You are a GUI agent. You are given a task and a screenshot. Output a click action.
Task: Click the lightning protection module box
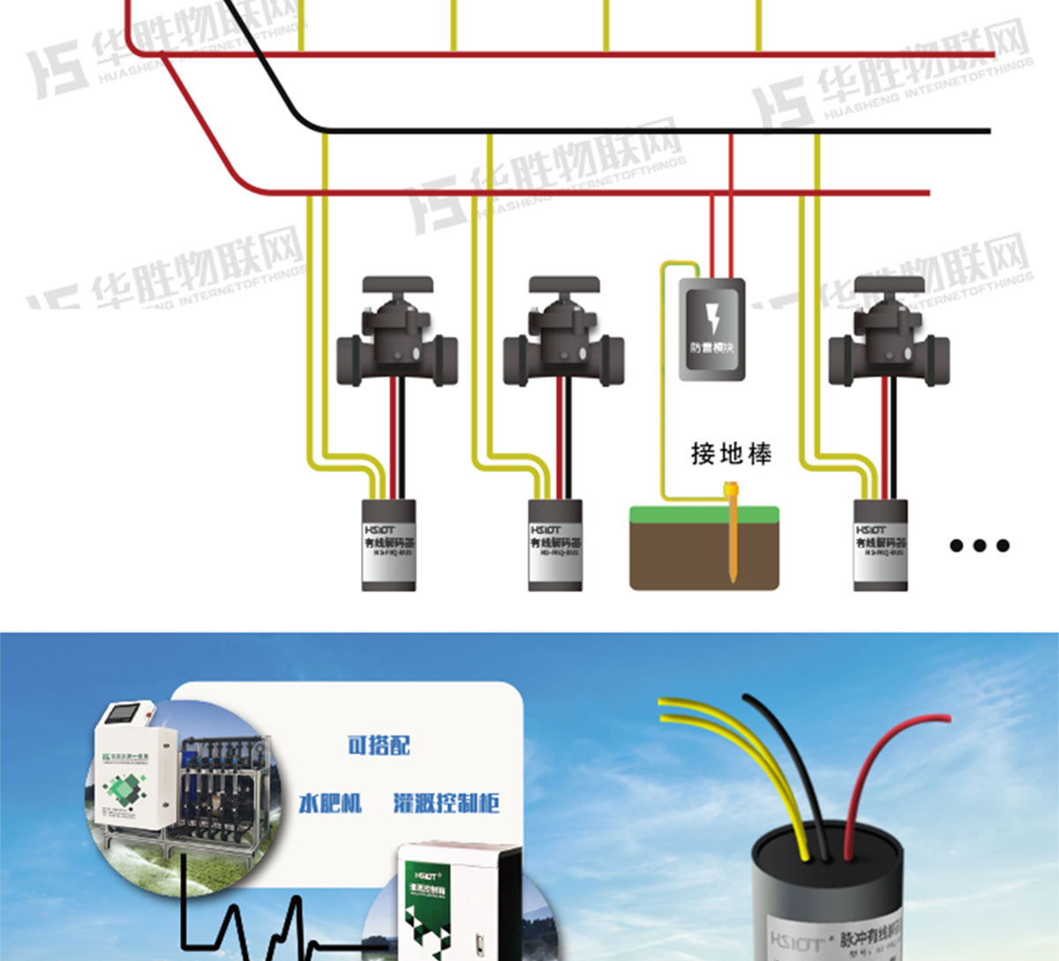(x=711, y=329)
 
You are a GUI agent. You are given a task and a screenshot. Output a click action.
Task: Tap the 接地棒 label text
(x=731, y=454)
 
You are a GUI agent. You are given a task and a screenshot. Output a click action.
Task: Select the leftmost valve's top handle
(x=397, y=287)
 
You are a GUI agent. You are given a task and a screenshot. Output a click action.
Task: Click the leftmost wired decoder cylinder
(x=389, y=544)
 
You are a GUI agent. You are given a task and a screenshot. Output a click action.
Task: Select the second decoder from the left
(x=555, y=544)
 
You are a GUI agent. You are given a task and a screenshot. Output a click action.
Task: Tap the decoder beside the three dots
(x=880, y=544)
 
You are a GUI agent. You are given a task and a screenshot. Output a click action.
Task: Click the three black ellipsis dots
(x=979, y=545)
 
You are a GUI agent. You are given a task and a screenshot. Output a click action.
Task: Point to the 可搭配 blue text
(x=379, y=746)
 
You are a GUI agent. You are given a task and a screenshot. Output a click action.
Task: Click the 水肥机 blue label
(x=330, y=803)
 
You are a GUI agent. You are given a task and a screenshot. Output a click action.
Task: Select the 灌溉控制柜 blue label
(x=446, y=803)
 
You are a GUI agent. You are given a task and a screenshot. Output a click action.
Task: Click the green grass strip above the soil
(x=704, y=514)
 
